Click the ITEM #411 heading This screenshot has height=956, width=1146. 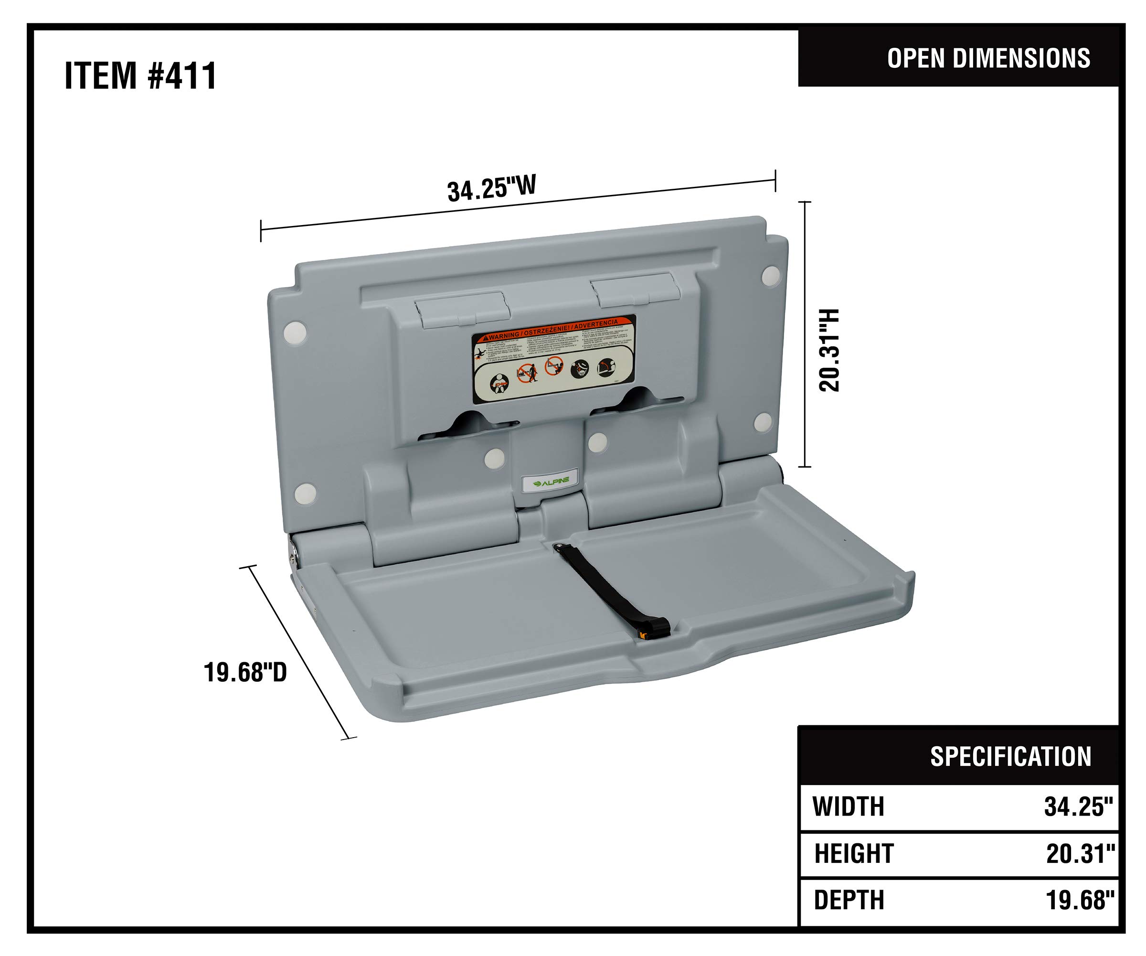click(140, 75)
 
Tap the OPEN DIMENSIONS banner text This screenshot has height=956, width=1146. click(988, 58)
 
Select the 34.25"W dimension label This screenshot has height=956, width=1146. click(491, 188)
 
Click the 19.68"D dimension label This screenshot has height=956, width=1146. click(245, 672)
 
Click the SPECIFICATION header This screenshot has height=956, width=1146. click(1010, 757)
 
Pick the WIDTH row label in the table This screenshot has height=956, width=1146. click(848, 807)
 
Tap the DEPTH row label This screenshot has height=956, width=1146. click(849, 900)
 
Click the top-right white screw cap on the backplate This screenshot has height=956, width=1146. click(770, 275)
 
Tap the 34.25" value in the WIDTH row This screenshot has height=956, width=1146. click(1078, 807)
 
